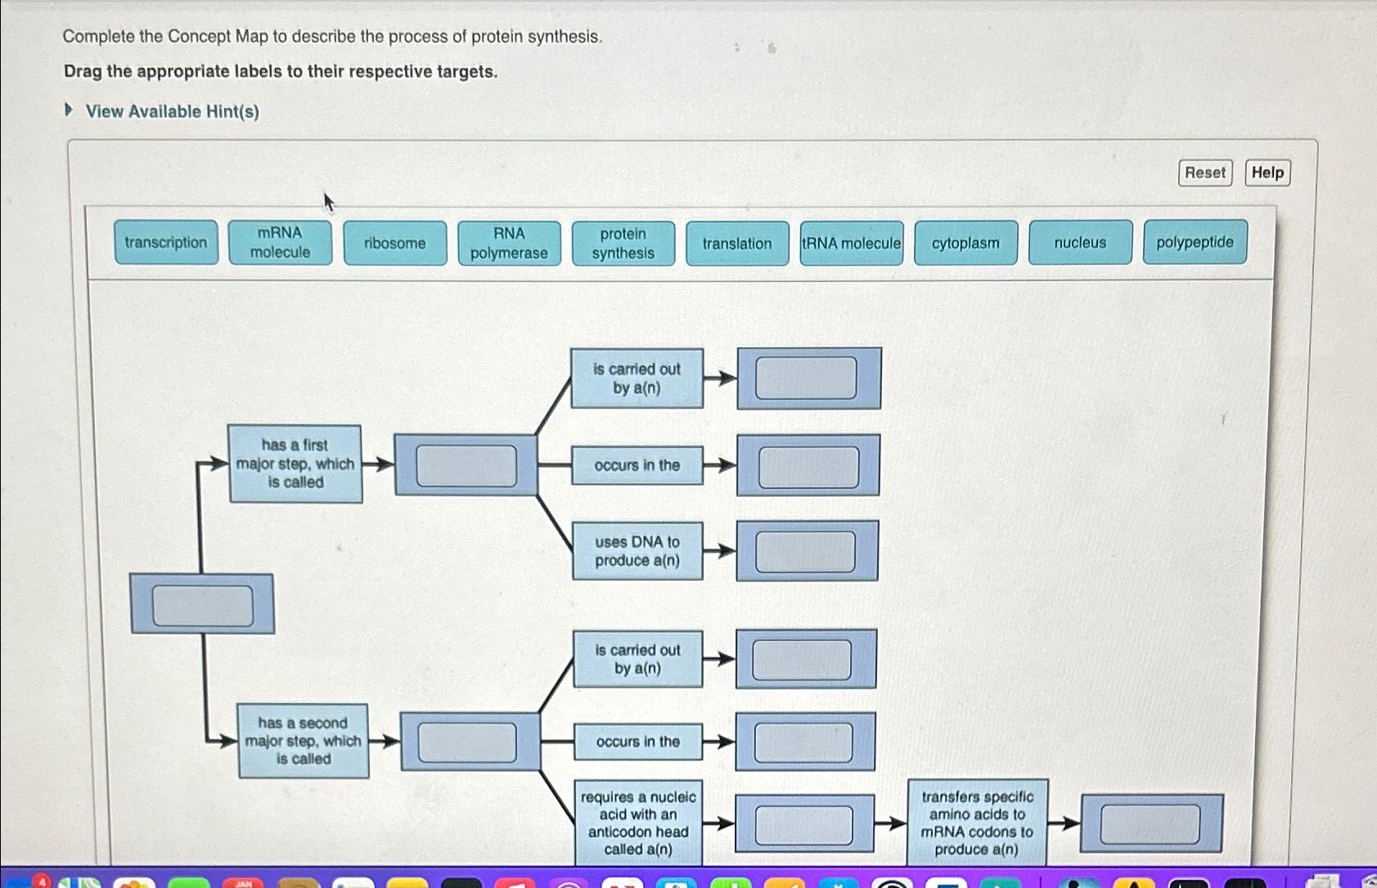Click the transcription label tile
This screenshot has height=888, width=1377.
tap(166, 243)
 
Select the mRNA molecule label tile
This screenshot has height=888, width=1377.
tap(280, 243)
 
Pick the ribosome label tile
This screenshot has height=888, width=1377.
tap(395, 244)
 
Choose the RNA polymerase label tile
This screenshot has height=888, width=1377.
tap(509, 244)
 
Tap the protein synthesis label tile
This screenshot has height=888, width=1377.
tap(623, 244)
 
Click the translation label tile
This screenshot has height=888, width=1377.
tap(737, 244)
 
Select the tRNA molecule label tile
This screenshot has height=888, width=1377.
tap(852, 244)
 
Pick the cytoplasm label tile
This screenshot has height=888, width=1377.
tap(965, 243)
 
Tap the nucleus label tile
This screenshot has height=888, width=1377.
tap(1080, 243)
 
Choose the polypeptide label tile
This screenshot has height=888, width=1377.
tap(1195, 242)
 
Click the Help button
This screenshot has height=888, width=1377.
tap(1267, 173)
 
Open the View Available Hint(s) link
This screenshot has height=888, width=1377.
tap(172, 111)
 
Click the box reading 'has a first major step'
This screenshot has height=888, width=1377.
tap(295, 464)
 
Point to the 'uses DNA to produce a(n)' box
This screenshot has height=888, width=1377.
tap(637, 551)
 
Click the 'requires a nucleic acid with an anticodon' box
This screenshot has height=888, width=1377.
tap(638, 823)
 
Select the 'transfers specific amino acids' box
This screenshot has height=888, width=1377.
tap(977, 823)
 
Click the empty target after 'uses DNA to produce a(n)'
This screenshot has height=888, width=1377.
tap(806, 551)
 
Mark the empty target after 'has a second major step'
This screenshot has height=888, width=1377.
tap(467, 742)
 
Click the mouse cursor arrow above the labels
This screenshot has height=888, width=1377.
tap(327, 201)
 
